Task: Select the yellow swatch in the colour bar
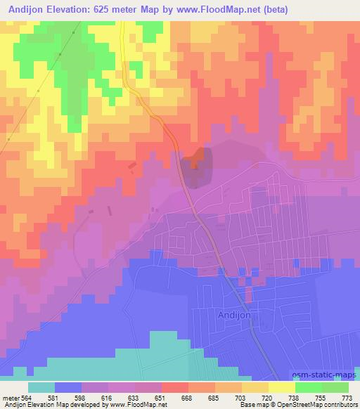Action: pyautogui.click(x=281, y=388)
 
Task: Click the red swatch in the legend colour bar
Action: pyautogui.click(x=174, y=388)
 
